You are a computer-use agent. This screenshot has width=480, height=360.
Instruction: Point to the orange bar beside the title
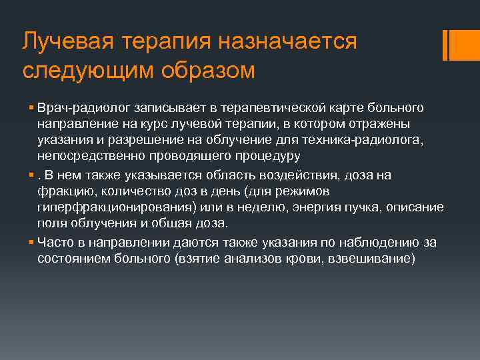455,45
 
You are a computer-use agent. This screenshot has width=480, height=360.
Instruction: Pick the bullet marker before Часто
33,243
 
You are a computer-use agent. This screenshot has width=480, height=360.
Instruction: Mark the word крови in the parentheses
289,258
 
